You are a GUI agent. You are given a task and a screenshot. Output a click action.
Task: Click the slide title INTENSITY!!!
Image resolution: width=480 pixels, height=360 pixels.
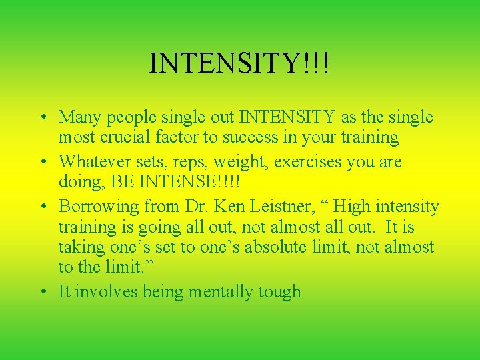coord(239,63)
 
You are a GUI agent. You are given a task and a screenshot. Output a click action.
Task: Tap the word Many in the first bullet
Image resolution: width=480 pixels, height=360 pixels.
coord(79,117)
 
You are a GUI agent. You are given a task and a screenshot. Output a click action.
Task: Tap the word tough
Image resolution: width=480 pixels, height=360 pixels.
coord(283,293)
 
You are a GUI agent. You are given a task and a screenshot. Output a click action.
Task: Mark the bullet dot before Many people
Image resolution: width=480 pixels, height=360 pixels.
coord(42,118)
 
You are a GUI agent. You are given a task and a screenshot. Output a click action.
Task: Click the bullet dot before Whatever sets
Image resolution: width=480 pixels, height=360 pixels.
coord(42,162)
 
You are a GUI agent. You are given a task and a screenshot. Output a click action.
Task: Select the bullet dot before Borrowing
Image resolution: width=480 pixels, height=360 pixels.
coord(42,207)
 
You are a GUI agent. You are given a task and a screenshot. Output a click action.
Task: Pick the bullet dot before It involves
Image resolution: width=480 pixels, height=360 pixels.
coord(42,292)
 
